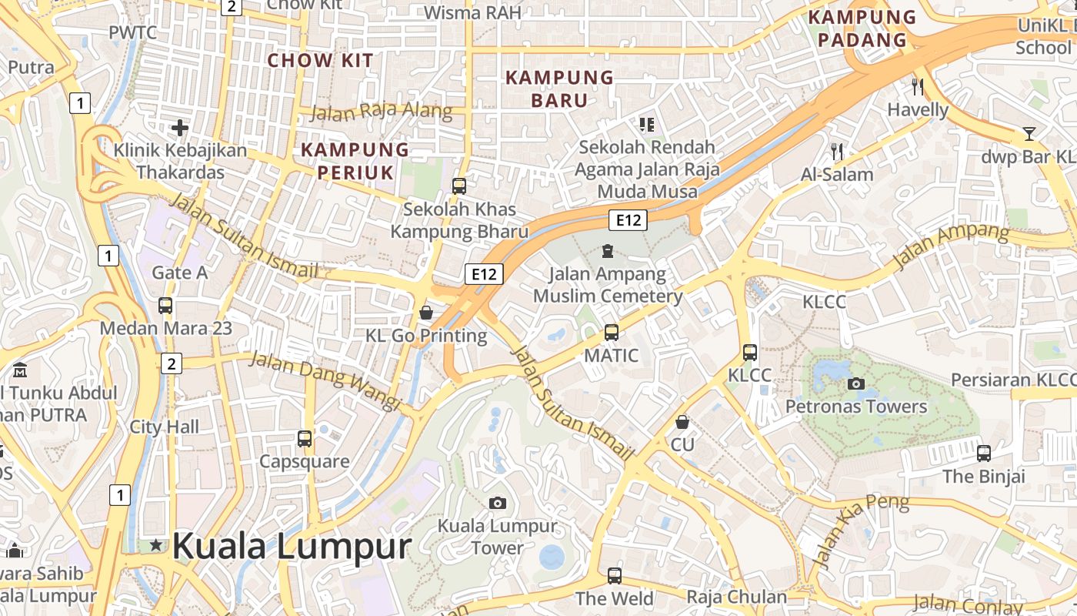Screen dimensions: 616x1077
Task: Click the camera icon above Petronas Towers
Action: (855, 383)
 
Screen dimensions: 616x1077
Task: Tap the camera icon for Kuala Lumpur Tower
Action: (498, 504)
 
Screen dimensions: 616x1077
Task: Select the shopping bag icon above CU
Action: (682, 422)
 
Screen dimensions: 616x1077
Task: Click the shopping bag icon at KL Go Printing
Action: (425, 313)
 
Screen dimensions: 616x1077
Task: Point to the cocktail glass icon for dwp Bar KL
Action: (1029, 134)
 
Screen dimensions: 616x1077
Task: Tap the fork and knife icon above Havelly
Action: (917, 86)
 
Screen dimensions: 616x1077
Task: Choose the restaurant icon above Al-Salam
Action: (837, 151)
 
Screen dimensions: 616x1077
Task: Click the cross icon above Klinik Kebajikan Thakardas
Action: (180, 127)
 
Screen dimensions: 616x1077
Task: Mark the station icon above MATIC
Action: (611, 333)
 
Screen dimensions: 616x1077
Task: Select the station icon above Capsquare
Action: (305, 439)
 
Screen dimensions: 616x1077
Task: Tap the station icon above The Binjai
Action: (984, 453)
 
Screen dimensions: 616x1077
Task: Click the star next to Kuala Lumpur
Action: (156, 545)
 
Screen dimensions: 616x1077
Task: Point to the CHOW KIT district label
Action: (320, 60)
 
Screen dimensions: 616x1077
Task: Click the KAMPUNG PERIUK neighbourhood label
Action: (355, 160)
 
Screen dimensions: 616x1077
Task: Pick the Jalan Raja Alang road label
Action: (381, 112)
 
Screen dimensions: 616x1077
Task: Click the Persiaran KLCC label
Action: (1013, 380)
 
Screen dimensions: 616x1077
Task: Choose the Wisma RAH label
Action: (472, 12)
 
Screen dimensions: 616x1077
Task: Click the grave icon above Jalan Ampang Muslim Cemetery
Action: (608, 250)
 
